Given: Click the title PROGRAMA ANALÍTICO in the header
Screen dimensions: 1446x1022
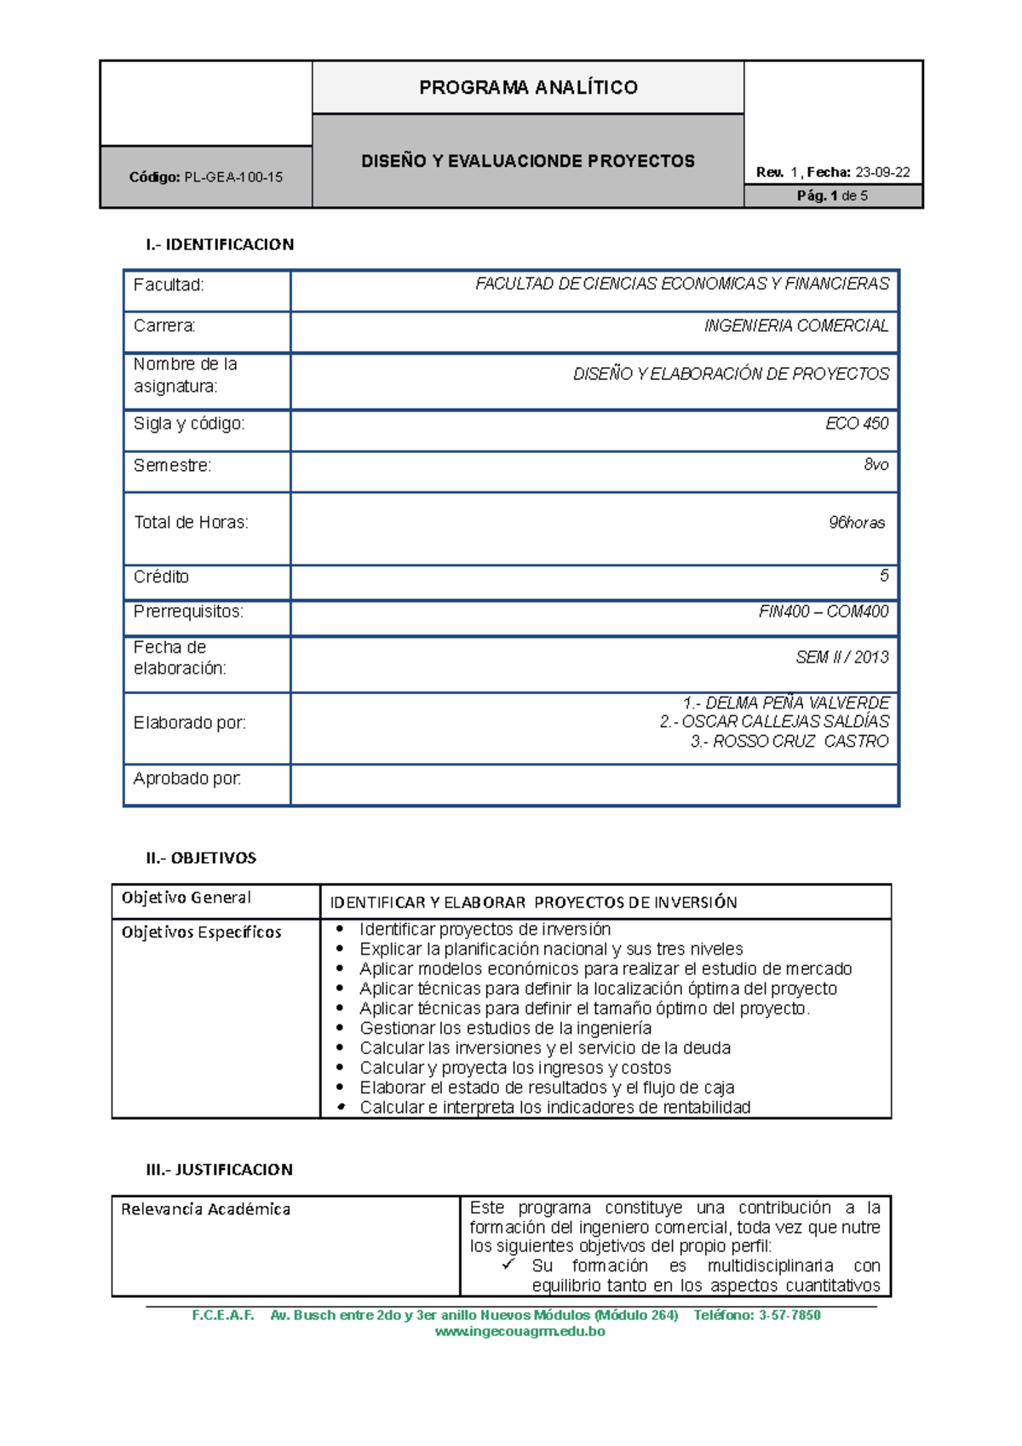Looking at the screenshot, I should coord(528,88).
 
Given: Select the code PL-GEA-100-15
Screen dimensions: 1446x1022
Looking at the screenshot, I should coord(233,177).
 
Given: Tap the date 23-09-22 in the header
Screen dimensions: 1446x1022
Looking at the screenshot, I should coord(882,172).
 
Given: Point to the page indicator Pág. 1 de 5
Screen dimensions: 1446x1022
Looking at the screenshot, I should coord(832,196).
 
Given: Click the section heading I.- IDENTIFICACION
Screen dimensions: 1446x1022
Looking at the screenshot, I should coord(220,244).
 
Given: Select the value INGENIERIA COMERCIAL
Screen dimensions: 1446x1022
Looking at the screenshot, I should coord(795,326).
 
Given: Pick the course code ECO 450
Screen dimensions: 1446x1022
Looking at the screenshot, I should coord(856,423).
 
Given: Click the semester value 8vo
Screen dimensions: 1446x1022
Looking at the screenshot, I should coord(876,465).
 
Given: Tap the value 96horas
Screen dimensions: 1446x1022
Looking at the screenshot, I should coord(856,523).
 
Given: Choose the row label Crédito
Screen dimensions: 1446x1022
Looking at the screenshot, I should coord(161,577).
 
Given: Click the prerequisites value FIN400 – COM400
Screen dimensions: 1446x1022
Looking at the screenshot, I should coord(823,611).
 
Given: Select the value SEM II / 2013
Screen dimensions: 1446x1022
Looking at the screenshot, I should coord(841,657).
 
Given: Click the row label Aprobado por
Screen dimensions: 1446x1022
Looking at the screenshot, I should coord(187,778).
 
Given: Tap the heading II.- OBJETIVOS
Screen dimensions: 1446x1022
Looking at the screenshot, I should coord(201,858).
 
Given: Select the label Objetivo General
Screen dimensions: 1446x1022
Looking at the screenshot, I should coord(187,898).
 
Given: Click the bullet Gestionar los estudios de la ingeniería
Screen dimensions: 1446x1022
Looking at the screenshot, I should coord(505,1028).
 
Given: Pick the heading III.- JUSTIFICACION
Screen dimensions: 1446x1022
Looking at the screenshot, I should coord(219,1169).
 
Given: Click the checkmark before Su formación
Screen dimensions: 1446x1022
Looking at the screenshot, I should coord(508,1265).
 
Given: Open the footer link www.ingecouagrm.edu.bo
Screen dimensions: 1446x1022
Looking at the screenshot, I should coord(520,1331).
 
